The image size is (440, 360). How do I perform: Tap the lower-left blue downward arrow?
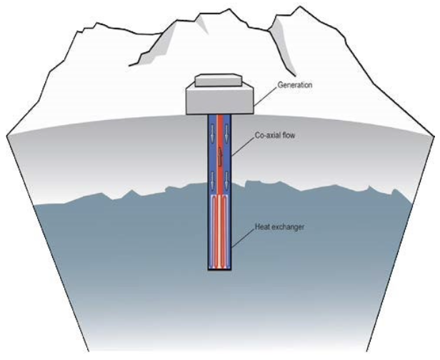(211, 184)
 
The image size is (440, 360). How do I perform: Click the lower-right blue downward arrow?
(229, 184)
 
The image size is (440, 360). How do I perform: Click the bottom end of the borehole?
(220, 269)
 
